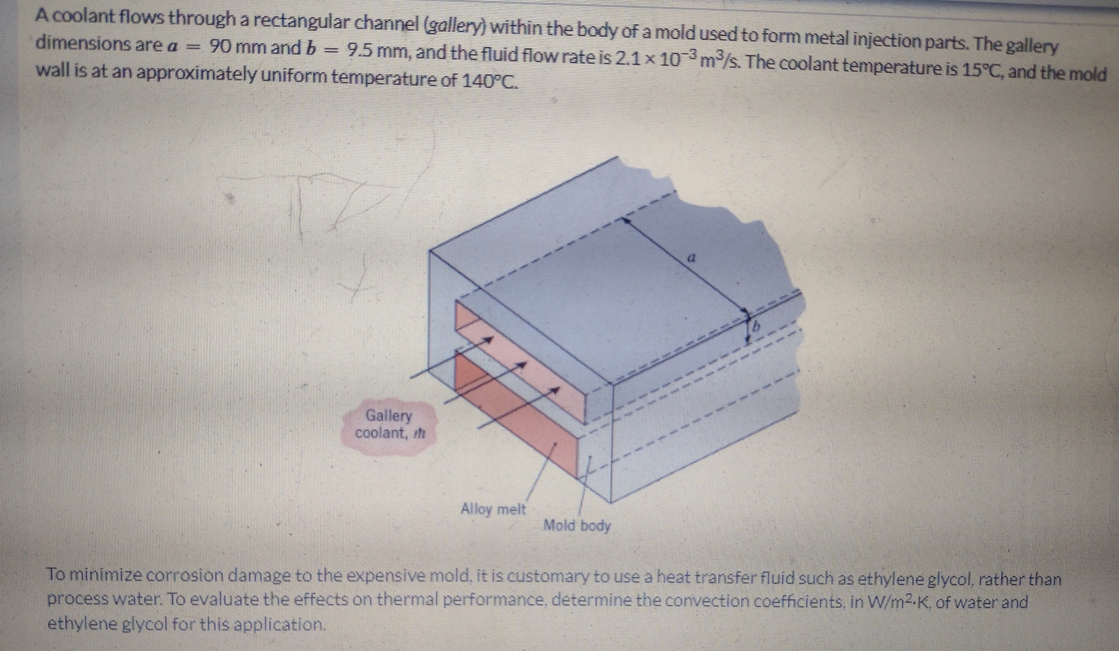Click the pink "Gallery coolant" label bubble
click(389, 425)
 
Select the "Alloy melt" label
click(493, 509)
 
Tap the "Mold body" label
click(577, 526)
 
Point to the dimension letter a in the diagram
click(692, 257)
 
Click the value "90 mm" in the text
click(237, 47)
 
